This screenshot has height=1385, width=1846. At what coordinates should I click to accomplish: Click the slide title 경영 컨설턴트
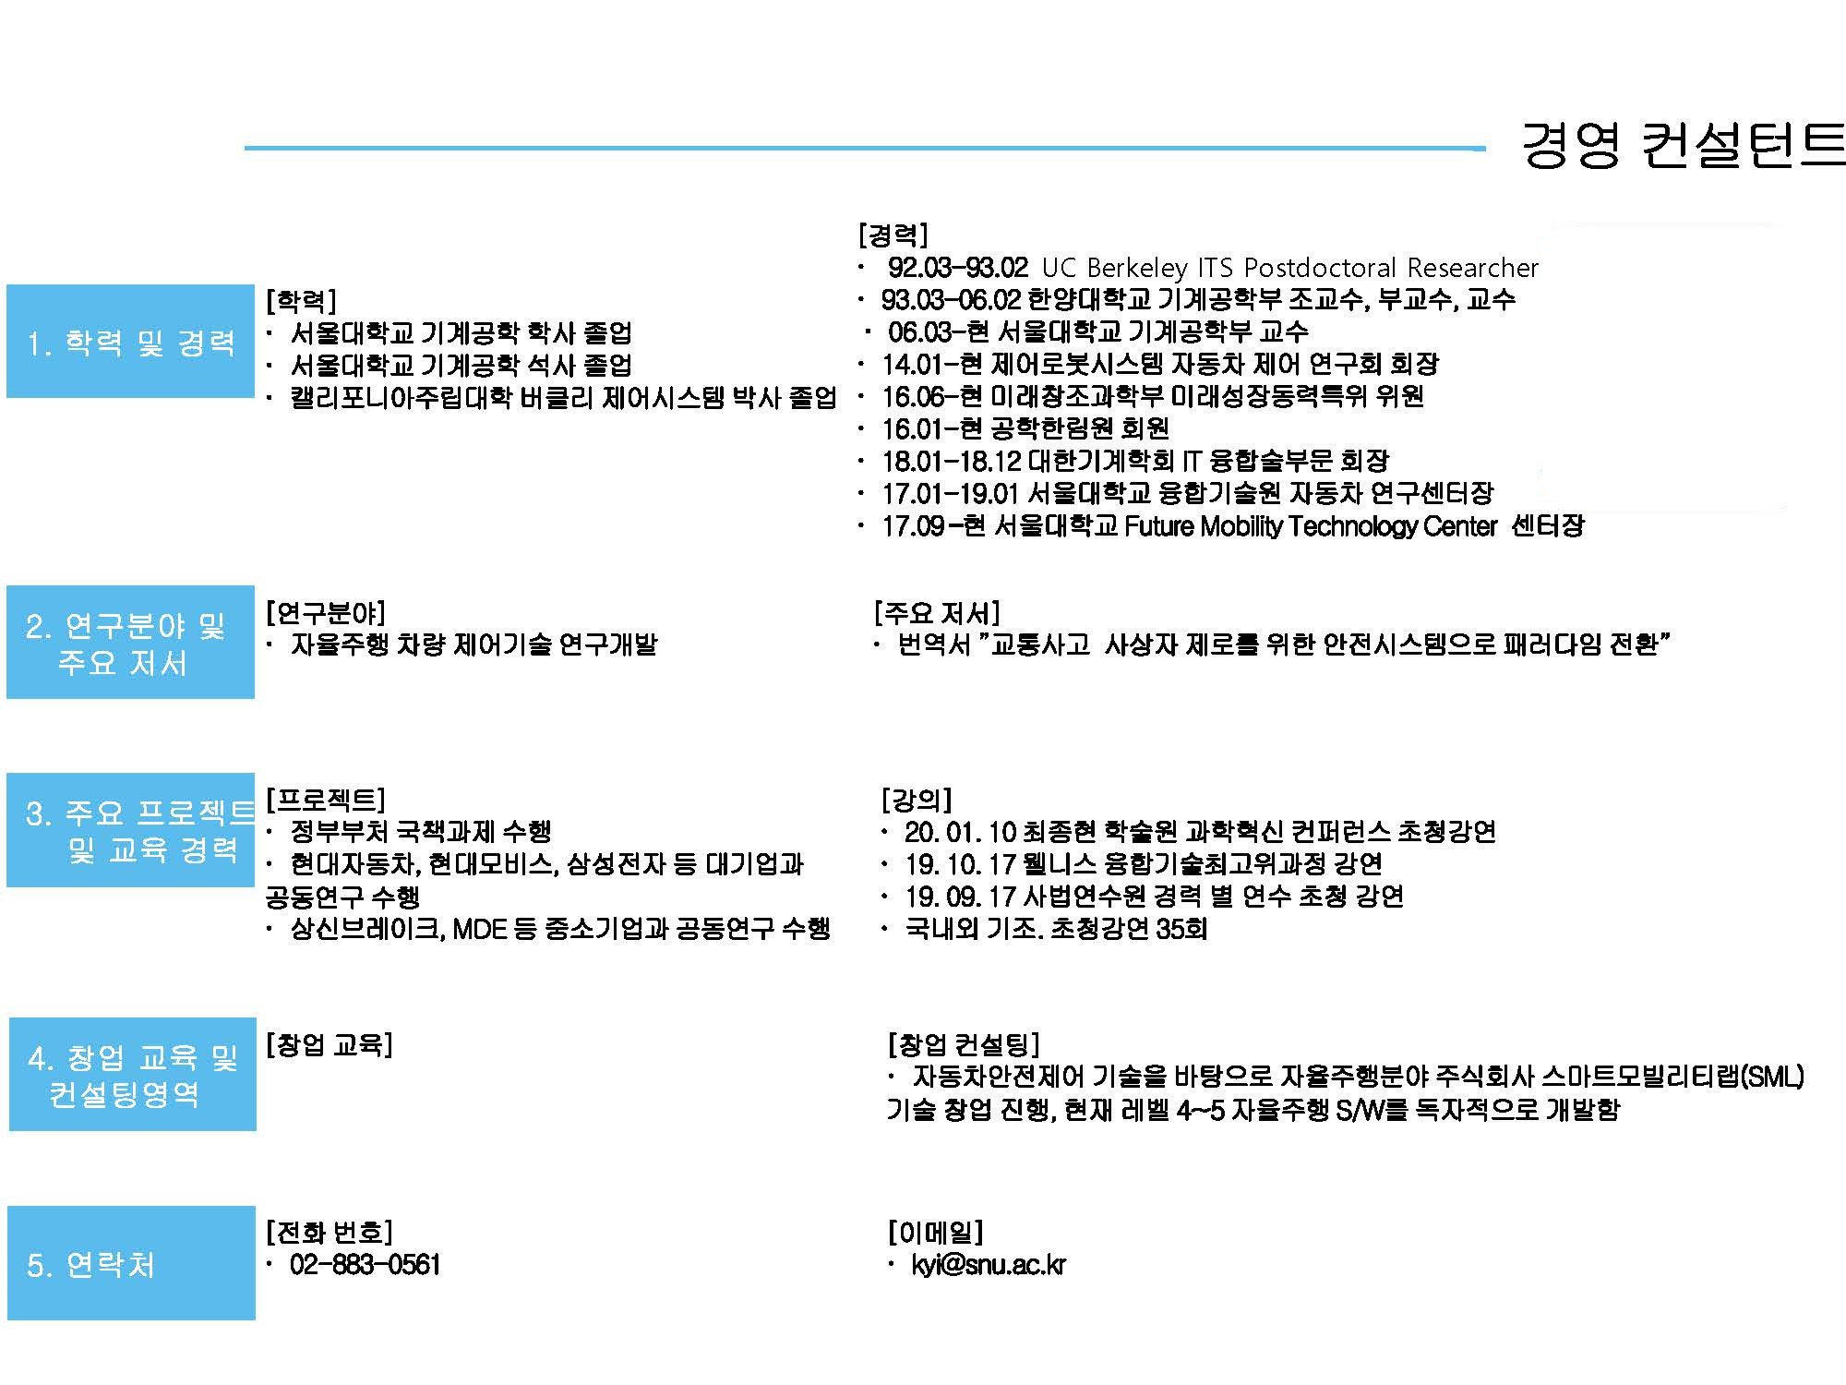1683,145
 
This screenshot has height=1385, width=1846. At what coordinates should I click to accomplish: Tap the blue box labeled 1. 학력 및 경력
130,342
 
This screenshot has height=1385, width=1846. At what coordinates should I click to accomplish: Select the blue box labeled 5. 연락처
131,1262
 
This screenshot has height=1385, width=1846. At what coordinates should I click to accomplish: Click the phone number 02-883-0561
365,1264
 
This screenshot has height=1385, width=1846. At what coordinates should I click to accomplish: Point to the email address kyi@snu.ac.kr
989,1264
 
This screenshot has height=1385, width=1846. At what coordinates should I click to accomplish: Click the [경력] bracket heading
893,235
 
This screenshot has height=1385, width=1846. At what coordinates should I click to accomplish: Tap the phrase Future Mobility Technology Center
1311,526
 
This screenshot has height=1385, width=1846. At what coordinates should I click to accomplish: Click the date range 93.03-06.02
951,299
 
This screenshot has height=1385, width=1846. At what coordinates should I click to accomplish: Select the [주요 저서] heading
937,612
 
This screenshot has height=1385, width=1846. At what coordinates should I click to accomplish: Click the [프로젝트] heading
326,799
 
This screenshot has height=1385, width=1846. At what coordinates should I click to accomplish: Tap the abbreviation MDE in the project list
480,929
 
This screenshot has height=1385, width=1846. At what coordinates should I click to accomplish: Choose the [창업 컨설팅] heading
963,1044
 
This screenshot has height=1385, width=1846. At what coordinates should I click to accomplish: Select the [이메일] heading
935,1232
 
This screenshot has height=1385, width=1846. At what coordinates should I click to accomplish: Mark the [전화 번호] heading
329,1232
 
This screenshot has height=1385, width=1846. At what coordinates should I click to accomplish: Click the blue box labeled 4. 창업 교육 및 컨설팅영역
132,1074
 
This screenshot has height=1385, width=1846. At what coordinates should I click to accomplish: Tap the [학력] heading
301,300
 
